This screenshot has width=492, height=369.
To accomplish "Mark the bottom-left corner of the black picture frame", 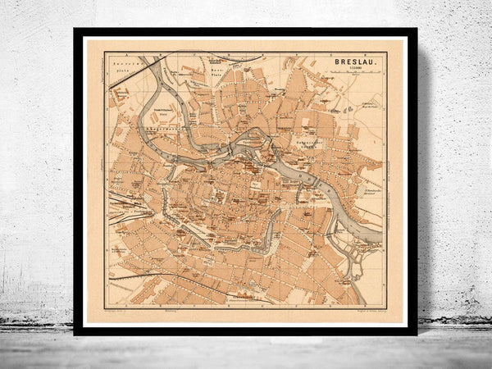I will tap(75, 333).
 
